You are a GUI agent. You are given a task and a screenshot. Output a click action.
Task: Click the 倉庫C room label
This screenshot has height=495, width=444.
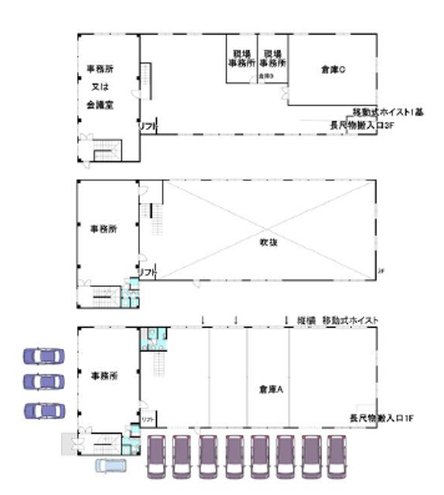(333, 69)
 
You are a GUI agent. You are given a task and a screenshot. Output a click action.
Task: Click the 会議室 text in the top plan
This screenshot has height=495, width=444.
(100, 103)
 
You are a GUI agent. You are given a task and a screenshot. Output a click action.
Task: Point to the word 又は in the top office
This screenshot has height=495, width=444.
(100, 86)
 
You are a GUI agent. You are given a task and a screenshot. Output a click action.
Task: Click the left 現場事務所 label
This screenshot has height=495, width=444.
(242, 58)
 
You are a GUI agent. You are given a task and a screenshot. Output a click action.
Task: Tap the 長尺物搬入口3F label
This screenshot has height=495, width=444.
(362, 125)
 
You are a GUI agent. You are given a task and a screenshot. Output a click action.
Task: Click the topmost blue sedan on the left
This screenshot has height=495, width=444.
(44, 355)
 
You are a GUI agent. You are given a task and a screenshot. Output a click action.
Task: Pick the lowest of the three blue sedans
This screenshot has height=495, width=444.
(44, 410)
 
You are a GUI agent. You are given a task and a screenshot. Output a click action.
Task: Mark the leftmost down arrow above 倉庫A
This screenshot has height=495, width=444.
(205, 319)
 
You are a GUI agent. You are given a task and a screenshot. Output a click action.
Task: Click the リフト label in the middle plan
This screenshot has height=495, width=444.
(148, 272)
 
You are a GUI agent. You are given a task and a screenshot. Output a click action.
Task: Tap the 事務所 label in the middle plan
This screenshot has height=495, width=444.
(103, 229)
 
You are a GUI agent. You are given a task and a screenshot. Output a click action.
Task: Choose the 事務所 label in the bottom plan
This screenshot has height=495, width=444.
(103, 375)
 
